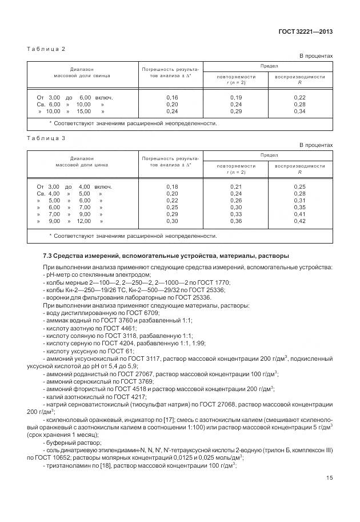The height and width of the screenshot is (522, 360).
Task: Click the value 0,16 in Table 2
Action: (171, 98)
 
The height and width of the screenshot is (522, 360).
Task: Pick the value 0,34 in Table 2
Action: (299, 111)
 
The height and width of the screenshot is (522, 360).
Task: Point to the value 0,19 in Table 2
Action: (235, 98)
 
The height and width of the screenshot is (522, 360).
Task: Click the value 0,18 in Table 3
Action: (171, 186)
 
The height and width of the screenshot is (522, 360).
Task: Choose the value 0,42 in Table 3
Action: (299, 221)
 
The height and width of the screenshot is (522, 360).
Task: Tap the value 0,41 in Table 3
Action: (299, 214)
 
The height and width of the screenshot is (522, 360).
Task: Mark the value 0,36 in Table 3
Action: (235, 221)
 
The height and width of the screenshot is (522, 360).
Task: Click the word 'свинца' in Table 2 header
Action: (101, 75)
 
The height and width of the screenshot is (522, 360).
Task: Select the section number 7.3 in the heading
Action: (48, 256)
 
